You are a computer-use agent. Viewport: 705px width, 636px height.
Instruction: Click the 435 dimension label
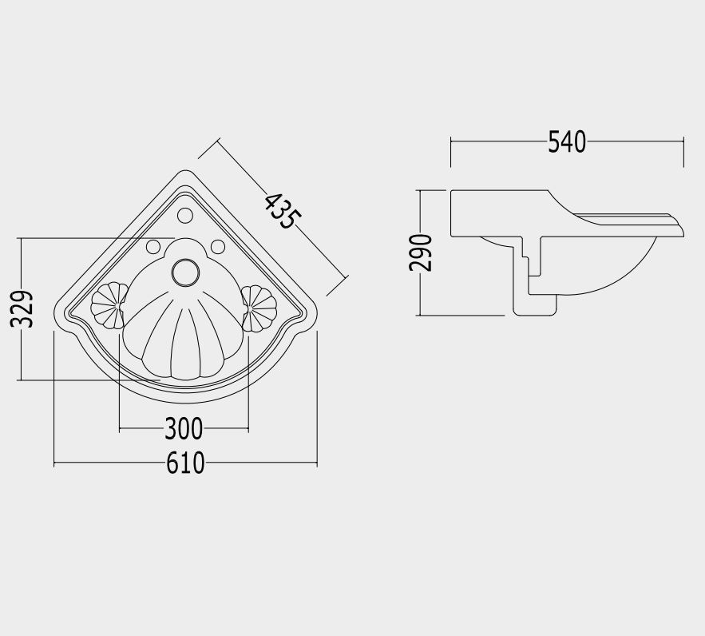tap(281, 211)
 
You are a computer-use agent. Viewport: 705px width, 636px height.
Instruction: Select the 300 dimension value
tap(184, 428)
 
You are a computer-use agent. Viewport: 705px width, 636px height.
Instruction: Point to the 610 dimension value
tap(185, 463)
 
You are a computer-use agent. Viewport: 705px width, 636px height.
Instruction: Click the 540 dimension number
tap(567, 141)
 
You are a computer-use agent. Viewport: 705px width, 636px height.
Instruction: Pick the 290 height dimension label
tap(421, 252)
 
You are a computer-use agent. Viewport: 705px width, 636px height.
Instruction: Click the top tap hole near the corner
tap(185, 216)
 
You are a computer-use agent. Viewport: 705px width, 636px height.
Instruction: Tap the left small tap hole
tap(152, 246)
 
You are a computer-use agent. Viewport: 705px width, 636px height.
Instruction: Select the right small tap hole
tap(218, 246)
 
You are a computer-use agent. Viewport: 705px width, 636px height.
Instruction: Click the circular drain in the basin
tap(185, 272)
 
